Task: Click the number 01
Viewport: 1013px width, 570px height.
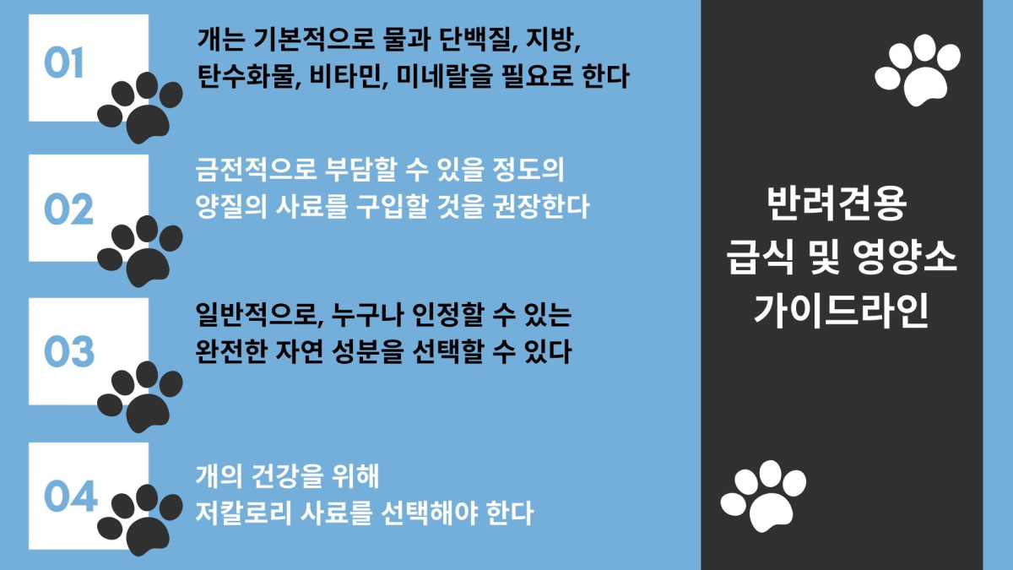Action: (x=63, y=62)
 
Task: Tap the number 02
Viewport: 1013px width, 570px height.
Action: (x=68, y=209)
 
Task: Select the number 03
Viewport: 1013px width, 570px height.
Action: (x=69, y=351)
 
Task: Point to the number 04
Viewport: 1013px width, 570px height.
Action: (x=71, y=496)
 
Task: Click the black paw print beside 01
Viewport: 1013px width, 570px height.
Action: (x=140, y=108)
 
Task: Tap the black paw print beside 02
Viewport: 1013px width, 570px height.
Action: (x=140, y=251)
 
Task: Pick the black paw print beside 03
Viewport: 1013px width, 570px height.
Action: (x=140, y=397)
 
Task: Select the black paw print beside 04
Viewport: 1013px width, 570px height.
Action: (x=140, y=520)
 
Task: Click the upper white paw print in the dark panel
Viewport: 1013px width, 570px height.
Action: (x=918, y=70)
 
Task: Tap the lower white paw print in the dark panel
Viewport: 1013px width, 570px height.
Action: (x=763, y=497)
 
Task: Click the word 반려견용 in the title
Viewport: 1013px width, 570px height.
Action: (x=837, y=204)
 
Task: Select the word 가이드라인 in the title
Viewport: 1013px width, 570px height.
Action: (x=841, y=311)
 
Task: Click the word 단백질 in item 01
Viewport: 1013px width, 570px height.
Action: (x=479, y=39)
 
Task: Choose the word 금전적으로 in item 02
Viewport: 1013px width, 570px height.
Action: (x=256, y=170)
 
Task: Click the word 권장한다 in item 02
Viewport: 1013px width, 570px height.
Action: (x=541, y=207)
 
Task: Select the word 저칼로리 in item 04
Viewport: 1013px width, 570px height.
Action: (x=242, y=513)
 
